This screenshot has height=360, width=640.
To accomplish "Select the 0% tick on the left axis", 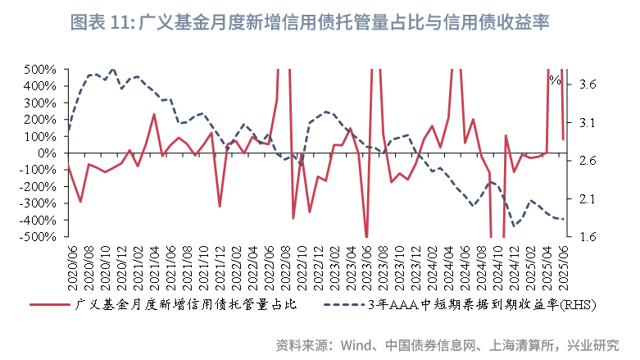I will tap(46, 153).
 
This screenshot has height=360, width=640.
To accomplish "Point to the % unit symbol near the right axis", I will tap(555, 80).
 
